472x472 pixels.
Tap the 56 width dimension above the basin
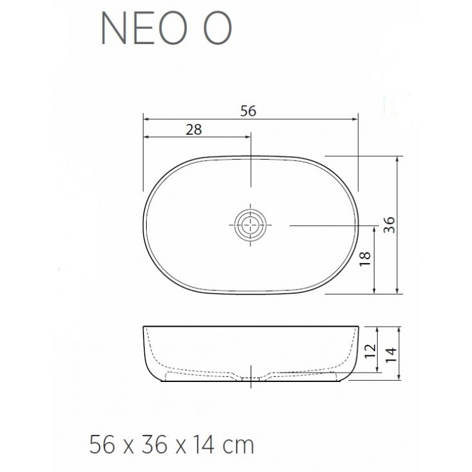(249, 110)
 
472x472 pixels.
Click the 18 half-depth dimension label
(366, 259)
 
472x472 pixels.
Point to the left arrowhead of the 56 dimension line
(146, 118)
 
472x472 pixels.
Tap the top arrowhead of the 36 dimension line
(398, 160)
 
